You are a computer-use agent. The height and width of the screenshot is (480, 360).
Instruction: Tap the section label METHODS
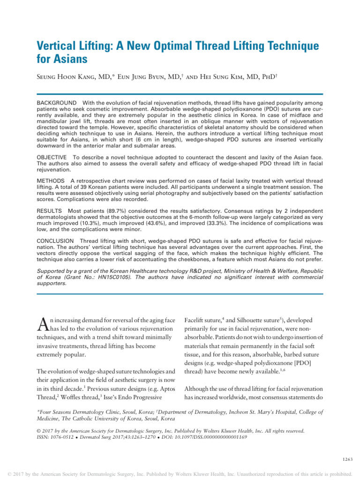tap(51, 180)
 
